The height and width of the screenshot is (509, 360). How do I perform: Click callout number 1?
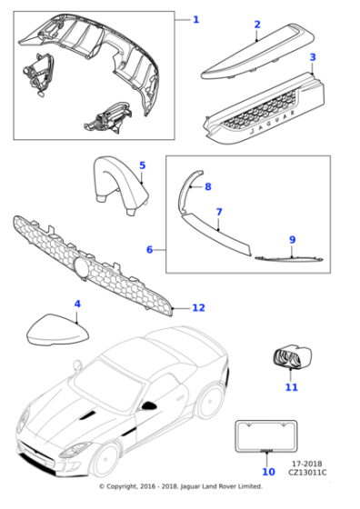pos(195,20)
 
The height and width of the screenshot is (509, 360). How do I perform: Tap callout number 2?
pos(257,25)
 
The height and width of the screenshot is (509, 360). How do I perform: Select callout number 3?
pos(313,57)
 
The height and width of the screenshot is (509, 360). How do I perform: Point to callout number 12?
pos(199,308)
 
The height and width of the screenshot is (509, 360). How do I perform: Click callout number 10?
pos(268,472)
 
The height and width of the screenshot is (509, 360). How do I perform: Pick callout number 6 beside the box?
pos(149,250)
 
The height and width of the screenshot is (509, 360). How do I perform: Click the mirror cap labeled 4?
pos(58,330)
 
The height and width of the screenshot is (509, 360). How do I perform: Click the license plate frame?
pos(266,436)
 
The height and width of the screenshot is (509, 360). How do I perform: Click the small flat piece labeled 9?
pos(289,259)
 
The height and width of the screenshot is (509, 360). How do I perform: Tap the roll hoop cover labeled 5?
pos(121,184)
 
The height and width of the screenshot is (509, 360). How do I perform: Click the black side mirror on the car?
pos(149,405)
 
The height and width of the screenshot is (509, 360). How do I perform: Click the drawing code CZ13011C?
pos(307,473)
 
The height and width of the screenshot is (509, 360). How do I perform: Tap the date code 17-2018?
pos(307,464)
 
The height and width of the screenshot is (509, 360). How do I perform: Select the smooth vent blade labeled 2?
pos(256,52)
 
